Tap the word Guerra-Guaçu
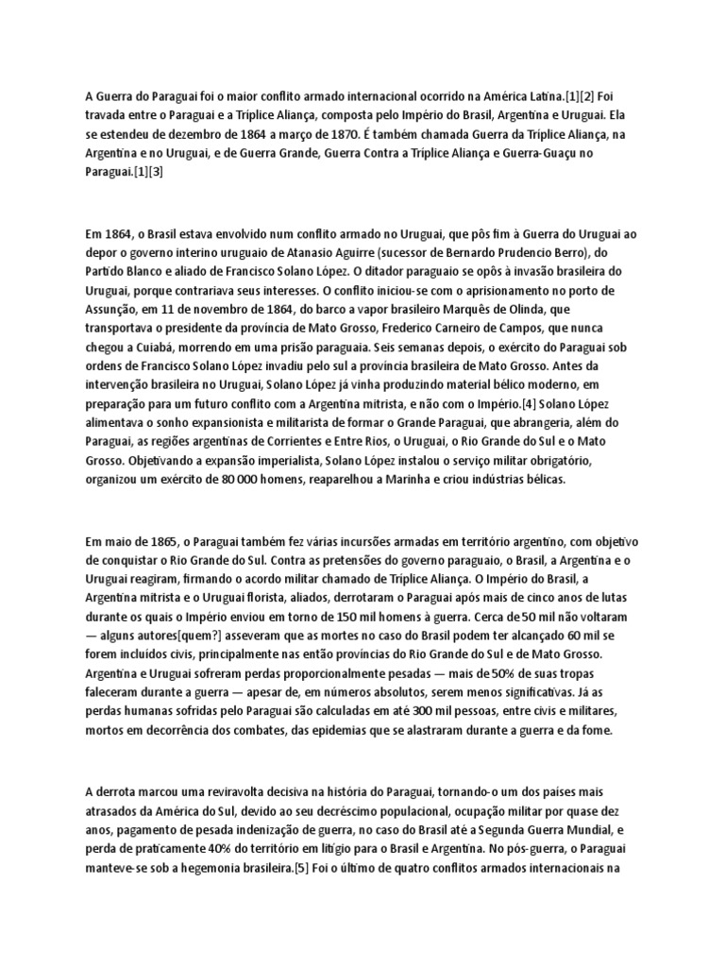click(x=578, y=152)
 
